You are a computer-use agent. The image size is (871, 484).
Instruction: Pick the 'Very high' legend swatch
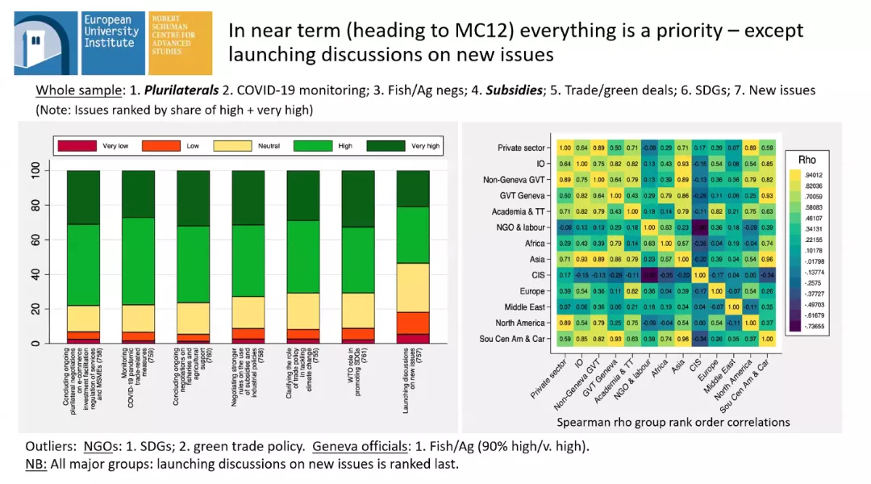click(383, 146)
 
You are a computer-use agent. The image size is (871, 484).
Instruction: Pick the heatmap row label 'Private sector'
click(523, 148)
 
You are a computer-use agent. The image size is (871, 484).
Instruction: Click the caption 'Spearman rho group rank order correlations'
click(673, 422)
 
